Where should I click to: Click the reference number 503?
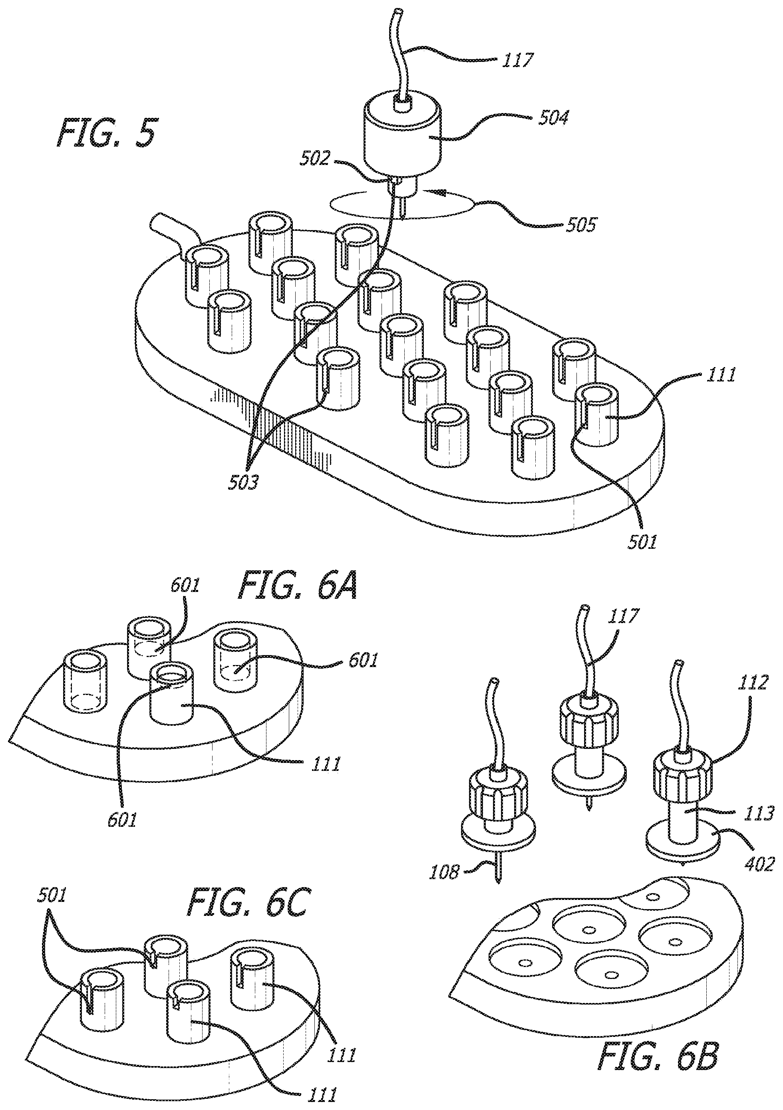click(243, 482)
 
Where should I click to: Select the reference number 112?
click(752, 683)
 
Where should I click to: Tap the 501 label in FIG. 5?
click(642, 542)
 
